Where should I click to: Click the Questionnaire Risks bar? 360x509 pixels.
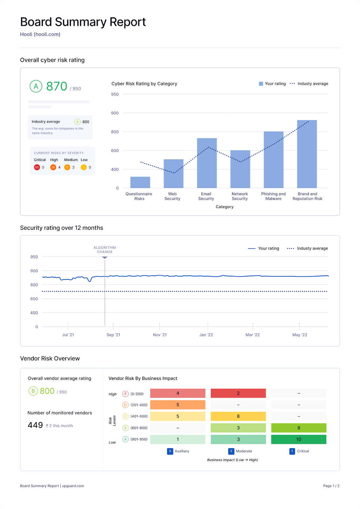(140, 182)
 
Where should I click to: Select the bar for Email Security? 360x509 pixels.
(207, 163)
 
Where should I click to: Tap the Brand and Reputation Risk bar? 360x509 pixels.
(307, 154)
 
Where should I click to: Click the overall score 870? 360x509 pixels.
(57, 86)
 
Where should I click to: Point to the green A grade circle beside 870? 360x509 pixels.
(36, 86)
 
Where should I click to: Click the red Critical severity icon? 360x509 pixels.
(37, 167)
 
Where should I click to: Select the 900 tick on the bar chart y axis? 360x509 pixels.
(115, 113)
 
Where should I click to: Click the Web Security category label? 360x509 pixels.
(172, 196)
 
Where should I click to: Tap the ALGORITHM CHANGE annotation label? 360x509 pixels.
(105, 250)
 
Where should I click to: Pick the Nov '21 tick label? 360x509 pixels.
(159, 335)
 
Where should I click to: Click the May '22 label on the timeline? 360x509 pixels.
(300, 335)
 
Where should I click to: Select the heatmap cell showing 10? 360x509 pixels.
(299, 439)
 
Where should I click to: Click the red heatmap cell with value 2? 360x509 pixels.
(238, 393)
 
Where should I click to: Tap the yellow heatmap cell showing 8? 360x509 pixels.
(238, 416)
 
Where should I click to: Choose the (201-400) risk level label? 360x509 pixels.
(139, 405)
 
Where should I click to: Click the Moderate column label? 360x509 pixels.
(244, 451)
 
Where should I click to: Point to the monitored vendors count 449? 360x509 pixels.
(35, 425)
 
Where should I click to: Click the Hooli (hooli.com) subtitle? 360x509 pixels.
(40, 34)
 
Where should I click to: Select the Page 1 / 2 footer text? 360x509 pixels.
(331, 486)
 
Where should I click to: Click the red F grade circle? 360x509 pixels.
(125, 394)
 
